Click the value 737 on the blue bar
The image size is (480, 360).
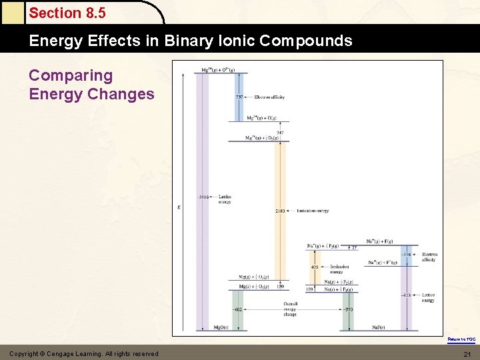(x=239, y=97)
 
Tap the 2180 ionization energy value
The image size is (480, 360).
(x=280, y=211)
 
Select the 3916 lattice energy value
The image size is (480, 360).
(x=203, y=197)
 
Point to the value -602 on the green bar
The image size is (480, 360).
(x=237, y=309)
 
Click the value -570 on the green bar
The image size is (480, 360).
(x=348, y=309)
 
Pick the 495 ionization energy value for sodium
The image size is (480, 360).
(x=314, y=267)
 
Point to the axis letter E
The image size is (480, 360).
(x=178, y=207)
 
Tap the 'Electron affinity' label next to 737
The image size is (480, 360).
(x=269, y=97)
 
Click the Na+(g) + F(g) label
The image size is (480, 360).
(x=379, y=241)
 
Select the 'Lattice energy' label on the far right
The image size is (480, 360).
(x=428, y=297)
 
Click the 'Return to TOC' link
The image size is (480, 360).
(x=461, y=339)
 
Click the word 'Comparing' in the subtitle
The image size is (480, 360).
(x=71, y=76)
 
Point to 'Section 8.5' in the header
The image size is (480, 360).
(x=67, y=13)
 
